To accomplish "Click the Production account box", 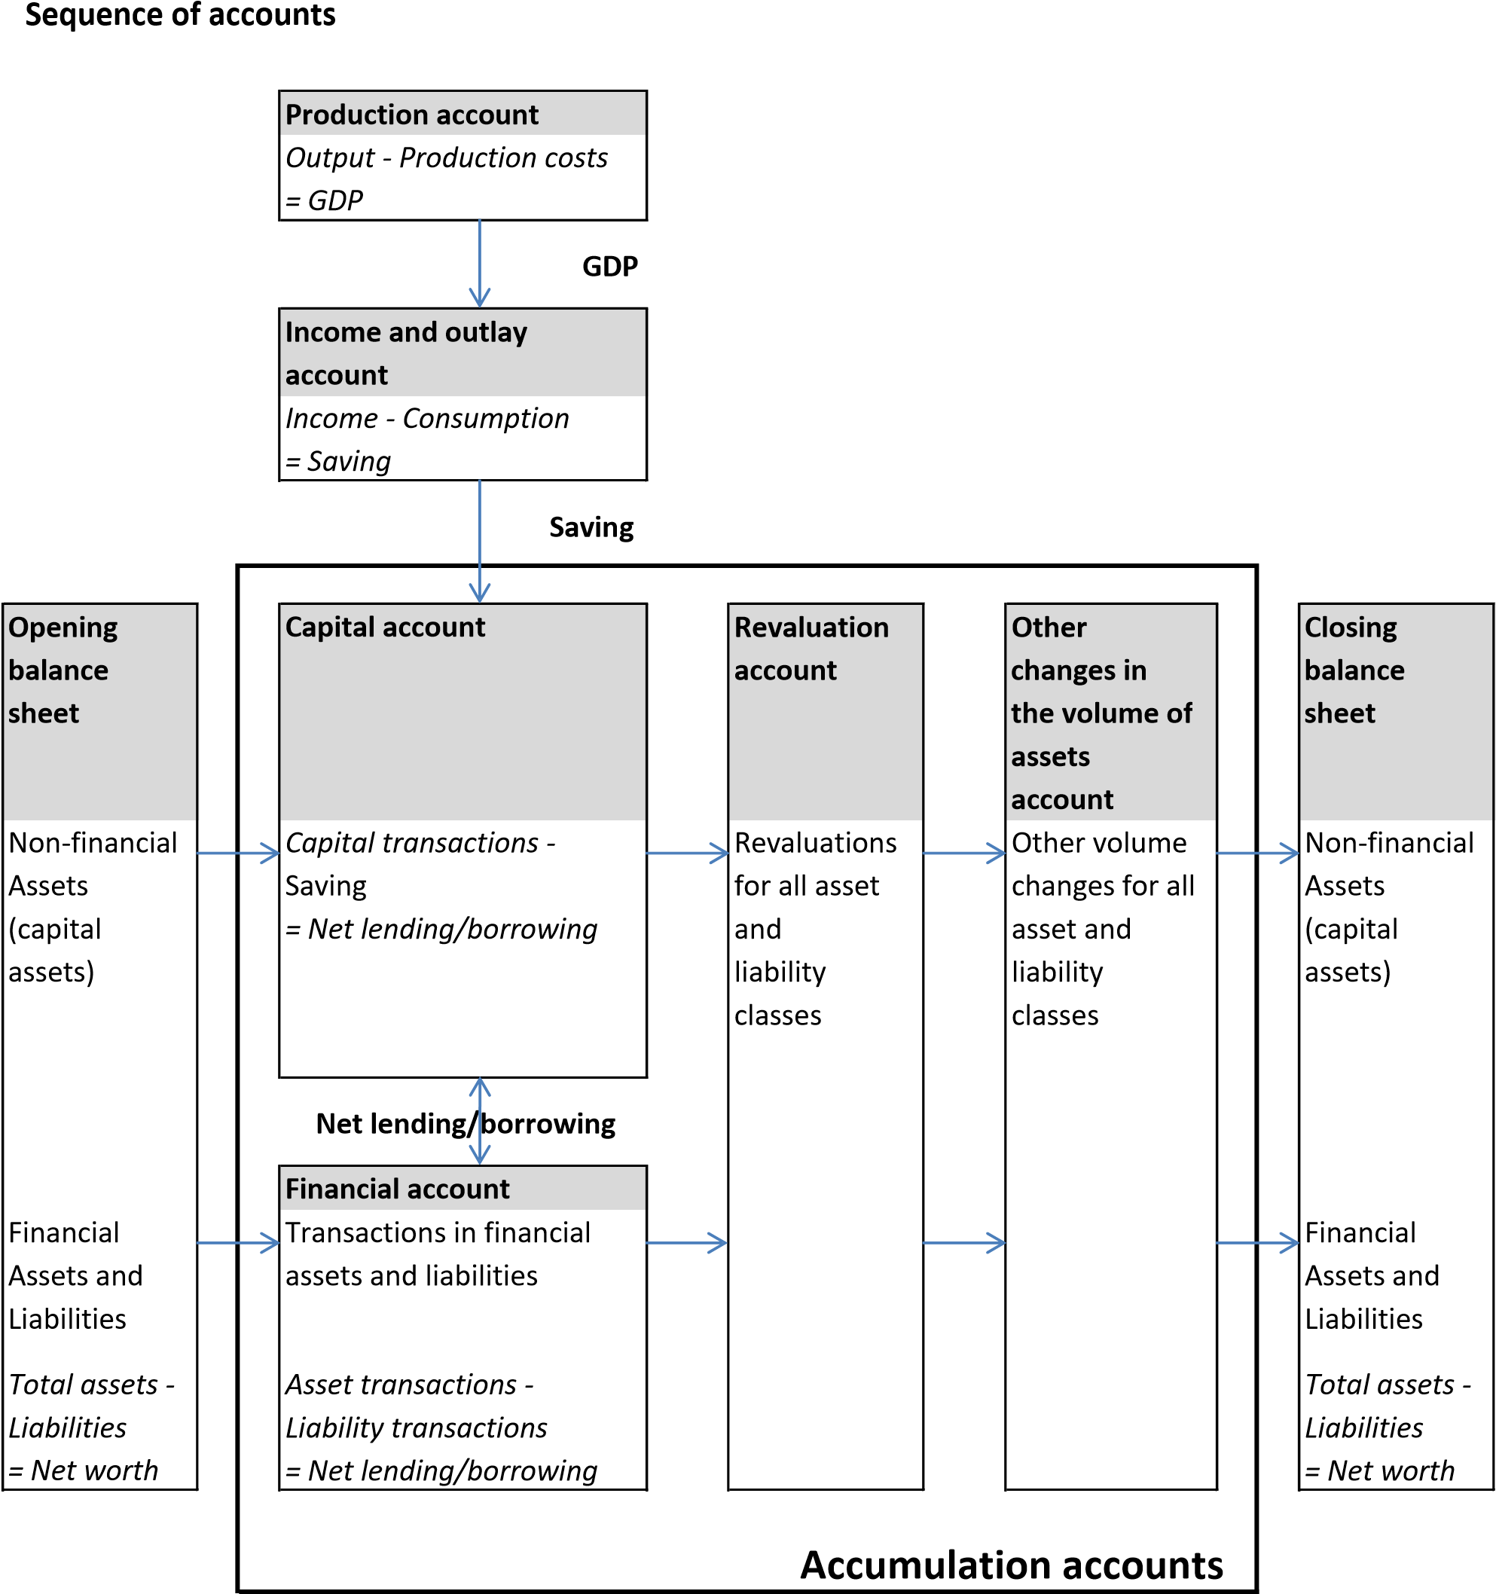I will [463, 113].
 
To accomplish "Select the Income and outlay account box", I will [463, 353].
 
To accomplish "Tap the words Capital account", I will [385, 627].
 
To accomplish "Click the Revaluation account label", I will [811, 648].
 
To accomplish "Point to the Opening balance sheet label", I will [63, 670].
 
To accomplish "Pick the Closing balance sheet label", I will [1354, 670].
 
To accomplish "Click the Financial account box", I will [463, 1188].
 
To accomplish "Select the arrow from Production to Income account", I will [479, 262].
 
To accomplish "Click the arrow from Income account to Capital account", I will [479, 540].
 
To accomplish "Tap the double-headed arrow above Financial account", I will [479, 1120].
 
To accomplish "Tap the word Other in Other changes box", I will [1049, 627].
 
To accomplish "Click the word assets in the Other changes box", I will [1050, 756].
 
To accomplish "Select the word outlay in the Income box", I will [486, 333].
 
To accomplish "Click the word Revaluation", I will [811, 627].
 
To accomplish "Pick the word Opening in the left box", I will [63, 628].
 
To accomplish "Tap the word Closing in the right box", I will [1350, 627].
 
